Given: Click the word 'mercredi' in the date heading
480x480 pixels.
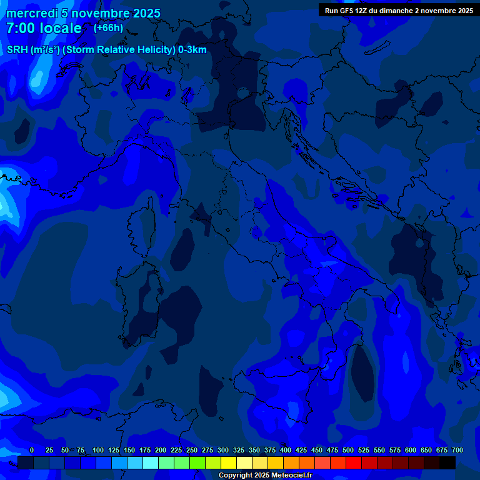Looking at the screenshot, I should point(32,13).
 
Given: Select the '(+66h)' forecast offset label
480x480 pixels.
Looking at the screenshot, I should point(108,28).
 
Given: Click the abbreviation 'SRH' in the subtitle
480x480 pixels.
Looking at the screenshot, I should point(17,50).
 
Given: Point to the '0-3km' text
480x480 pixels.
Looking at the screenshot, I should point(192,50).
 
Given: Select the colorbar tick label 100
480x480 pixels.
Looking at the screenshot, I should point(98,451).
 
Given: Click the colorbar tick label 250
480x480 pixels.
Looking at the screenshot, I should point(192,451).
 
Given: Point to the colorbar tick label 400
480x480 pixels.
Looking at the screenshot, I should point(286,451).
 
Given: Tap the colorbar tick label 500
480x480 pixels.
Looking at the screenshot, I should point(348,451).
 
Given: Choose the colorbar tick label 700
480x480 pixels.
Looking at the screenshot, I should point(457,451).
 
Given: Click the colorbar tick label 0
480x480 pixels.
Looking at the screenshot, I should point(32,451).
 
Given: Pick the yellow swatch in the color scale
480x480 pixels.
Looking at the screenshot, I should point(229,463).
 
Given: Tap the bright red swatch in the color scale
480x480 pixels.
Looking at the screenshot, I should point(354,463).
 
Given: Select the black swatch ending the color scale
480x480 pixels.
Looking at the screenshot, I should point(447,463).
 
